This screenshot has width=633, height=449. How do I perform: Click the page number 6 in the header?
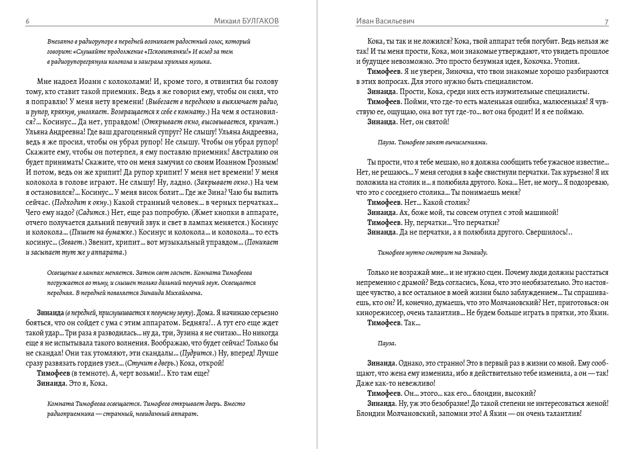(x=27, y=21)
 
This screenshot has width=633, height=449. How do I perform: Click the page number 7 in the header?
(x=606, y=21)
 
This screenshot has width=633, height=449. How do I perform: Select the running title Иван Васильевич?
(x=385, y=21)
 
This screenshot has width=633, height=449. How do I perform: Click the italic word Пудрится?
(x=200, y=354)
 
